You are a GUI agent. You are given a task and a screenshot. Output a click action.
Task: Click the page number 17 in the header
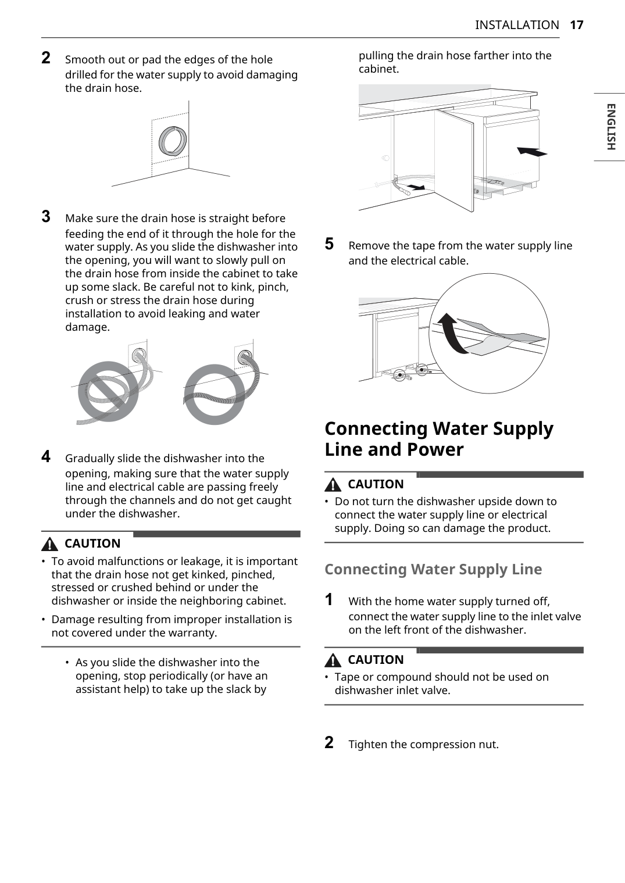577,25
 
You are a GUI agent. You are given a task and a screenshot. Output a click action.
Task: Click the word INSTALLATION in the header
517,25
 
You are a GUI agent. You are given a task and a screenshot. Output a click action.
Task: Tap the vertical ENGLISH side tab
610,127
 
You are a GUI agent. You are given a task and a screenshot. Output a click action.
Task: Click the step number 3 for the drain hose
46,216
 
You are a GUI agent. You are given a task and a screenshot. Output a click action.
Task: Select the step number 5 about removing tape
329,244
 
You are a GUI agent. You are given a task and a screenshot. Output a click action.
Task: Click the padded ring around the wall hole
173,141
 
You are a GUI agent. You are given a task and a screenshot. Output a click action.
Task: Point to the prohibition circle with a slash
108,391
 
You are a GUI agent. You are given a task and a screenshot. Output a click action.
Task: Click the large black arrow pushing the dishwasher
532,152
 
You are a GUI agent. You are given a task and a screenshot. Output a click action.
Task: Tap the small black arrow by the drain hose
416,186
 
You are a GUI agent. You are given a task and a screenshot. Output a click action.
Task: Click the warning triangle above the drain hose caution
49,544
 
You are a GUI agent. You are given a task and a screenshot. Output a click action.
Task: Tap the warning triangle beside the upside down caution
333,484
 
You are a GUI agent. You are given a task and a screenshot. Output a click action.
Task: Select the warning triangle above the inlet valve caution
333,660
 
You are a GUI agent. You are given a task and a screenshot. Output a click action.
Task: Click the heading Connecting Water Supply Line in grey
433,569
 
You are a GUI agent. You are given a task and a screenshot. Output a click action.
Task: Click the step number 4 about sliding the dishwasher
46,456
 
